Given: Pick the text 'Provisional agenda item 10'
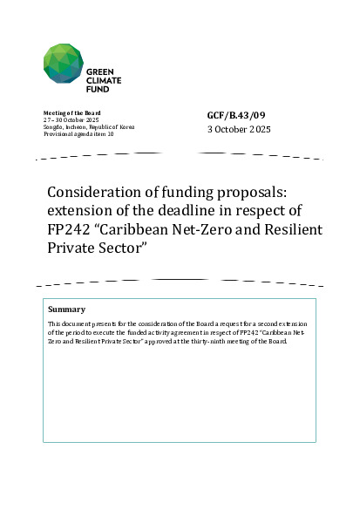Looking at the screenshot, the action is tap(78, 133).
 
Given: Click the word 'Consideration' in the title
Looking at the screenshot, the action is tap(91, 193).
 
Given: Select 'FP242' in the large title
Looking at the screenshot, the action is tap(68, 229).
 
